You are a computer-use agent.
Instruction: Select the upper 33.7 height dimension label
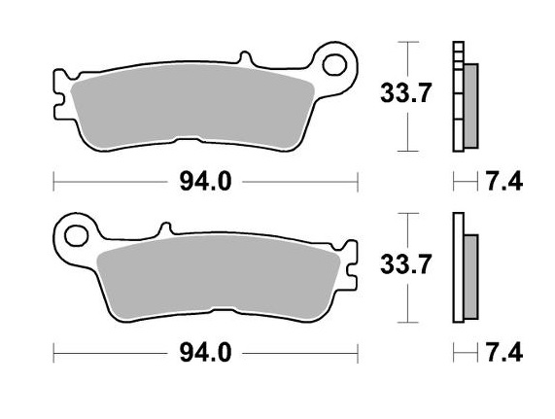(400, 94)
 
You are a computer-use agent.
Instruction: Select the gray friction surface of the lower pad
(219, 277)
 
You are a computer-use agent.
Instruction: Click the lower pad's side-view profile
(465, 268)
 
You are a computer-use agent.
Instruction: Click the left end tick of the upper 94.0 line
(53, 182)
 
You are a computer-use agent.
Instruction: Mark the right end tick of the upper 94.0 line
(358, 182)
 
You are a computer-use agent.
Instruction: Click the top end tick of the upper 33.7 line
(410, 44)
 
